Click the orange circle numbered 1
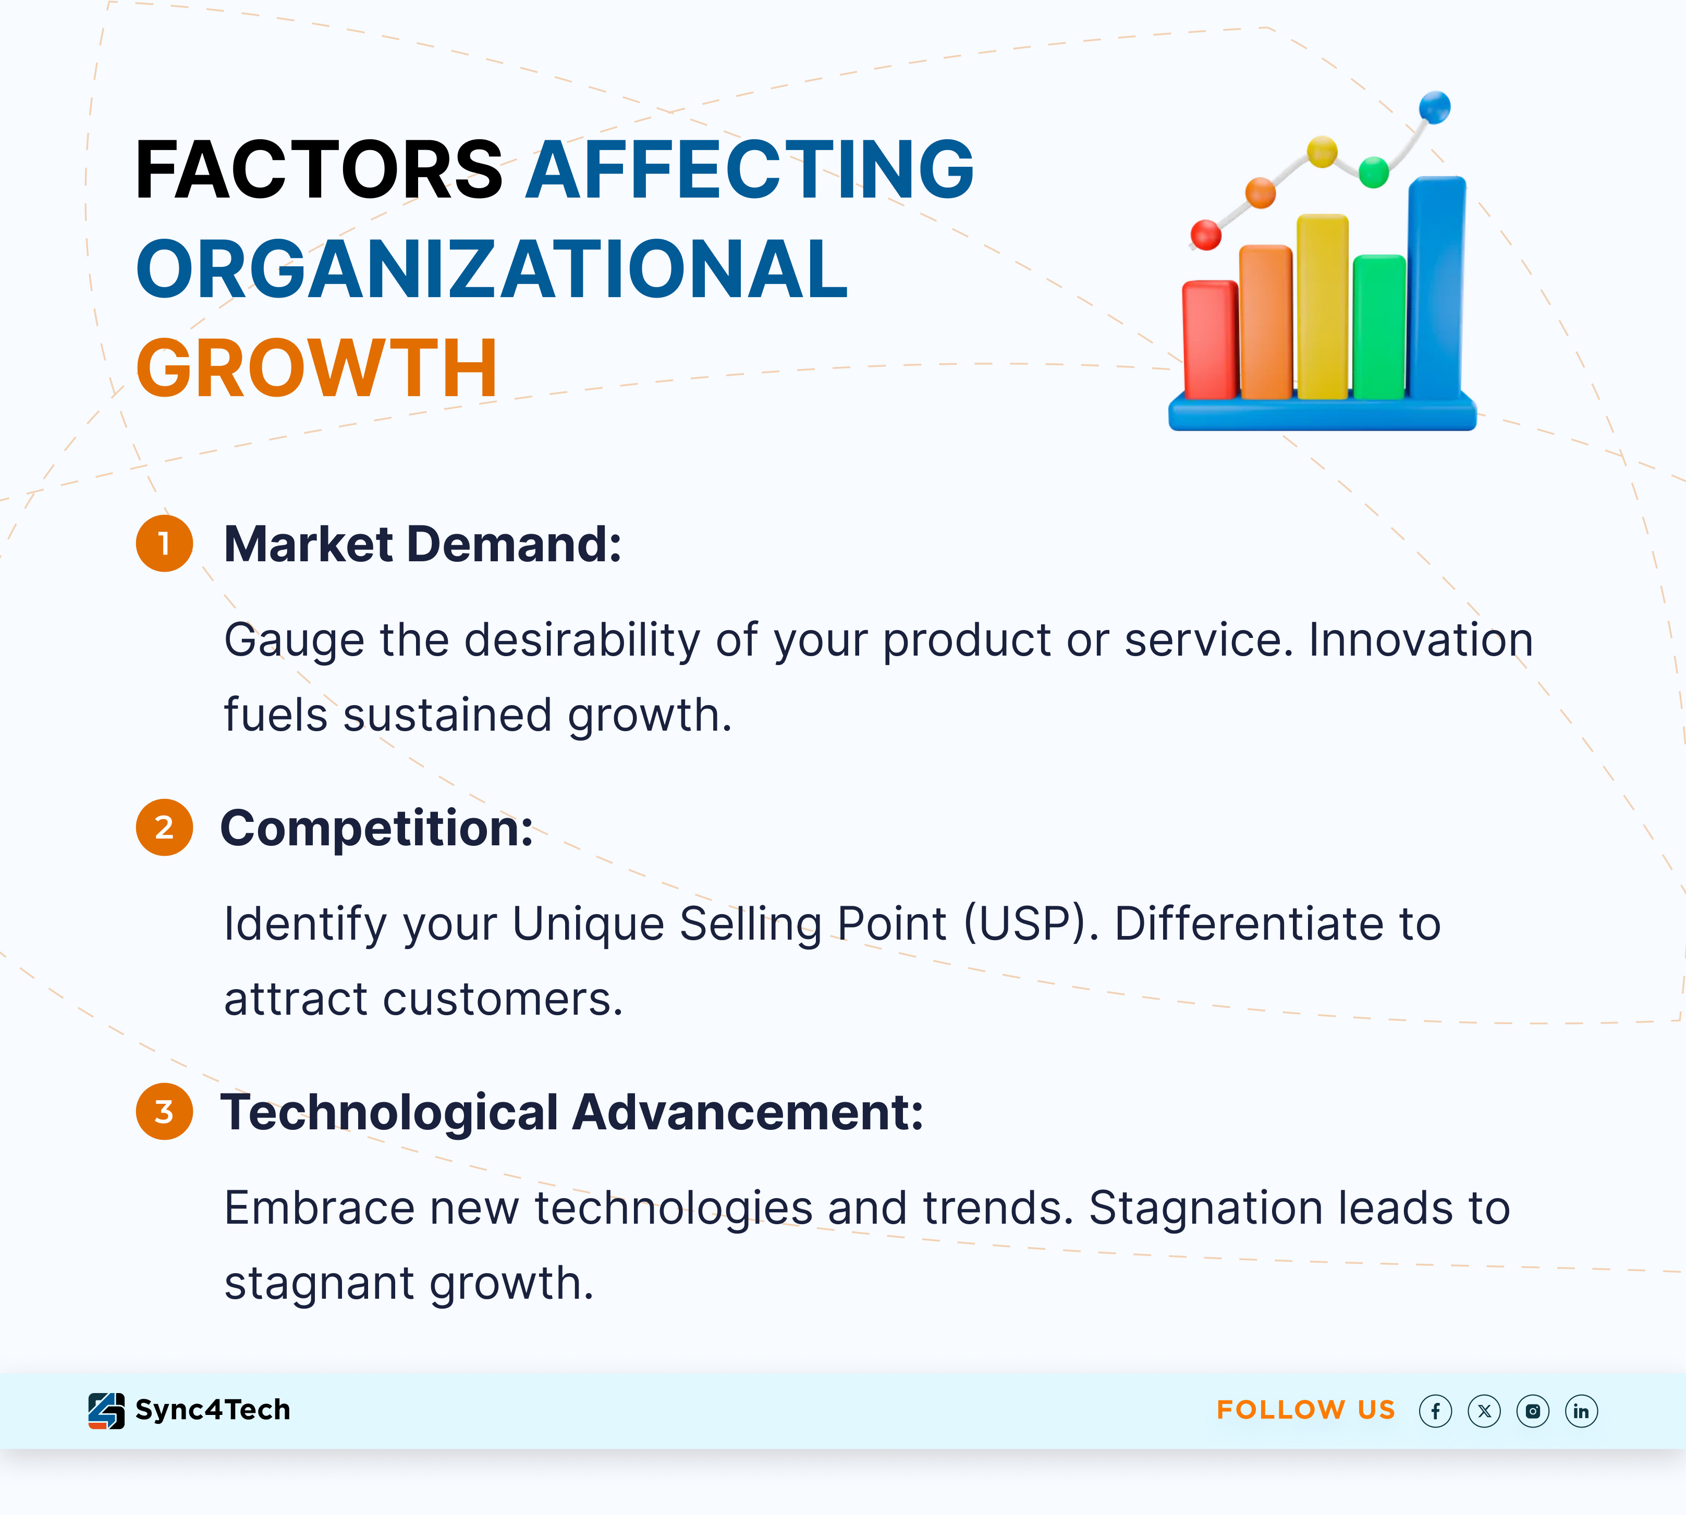click(x=164, y=544)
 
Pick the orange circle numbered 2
click(x=164, y=828)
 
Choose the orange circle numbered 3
click(x=164, y=1111)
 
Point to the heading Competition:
click(x=377, y=830)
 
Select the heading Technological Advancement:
click(x=572, y=1114)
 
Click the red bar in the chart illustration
click(x=1209, y=340)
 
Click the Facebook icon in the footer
click(x=1435, y=1411)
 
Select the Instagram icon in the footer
click(x=1533, y=1411)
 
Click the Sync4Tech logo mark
click(x=106, y=1411)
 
